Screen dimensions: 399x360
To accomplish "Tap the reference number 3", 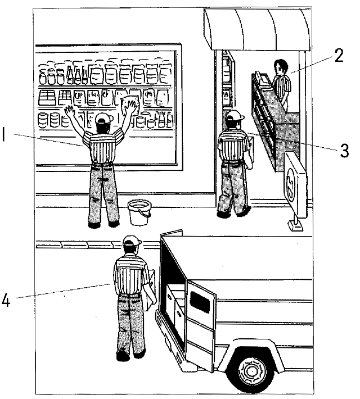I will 344,151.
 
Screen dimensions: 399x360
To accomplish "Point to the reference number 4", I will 6,301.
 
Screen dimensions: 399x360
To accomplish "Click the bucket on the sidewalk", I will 139,212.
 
